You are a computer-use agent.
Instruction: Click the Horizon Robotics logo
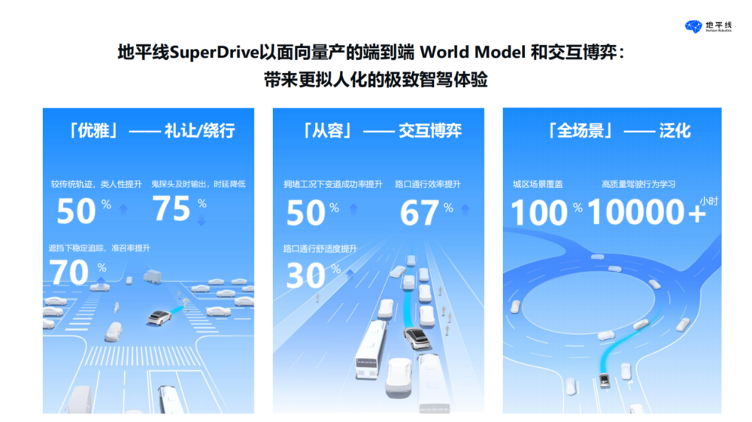point(708,26)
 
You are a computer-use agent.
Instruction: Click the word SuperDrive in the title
point(214,52)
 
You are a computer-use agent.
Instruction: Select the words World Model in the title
point(472,52)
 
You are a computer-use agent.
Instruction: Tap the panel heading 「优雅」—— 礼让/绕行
point(152,130)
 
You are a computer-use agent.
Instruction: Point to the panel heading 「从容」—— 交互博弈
point(382,130)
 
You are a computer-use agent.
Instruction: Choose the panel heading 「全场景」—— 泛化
point(619,130)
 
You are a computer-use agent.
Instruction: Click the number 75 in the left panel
point(171,208)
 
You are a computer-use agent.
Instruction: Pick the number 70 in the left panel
point(69,272)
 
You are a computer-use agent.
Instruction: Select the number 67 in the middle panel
point(419,213)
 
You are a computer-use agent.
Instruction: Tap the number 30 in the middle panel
point(305,276)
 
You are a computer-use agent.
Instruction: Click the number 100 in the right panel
point(539,212)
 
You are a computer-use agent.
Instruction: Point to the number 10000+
point(647,212)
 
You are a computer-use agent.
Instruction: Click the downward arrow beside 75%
point(202,220)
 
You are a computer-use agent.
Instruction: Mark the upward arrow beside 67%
point(465,209)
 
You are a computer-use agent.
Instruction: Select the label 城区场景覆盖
point(538,184)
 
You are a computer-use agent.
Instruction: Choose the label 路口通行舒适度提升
point(320,248)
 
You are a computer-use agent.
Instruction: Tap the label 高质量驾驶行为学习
point(638,184)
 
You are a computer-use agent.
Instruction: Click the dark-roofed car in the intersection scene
point(159,317)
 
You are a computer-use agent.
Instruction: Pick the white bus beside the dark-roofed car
point(371,348)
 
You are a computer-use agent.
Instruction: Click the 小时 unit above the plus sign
point(708,202)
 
